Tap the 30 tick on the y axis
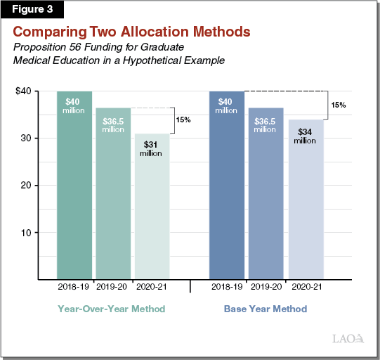click(x=27, y=139)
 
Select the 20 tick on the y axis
click(x=27, y=186)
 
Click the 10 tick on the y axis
click(x=27, y=233)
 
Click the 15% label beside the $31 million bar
click(x=183, y=120)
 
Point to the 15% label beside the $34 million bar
click(x=338, y=105)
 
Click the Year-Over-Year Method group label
click(x=113, y=309)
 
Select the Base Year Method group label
click(x=266, y=309)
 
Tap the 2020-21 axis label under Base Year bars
click(x=305, y=288)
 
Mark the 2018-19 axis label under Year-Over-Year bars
click(x=74, y=288)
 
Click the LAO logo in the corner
click(x=348, y=340)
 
